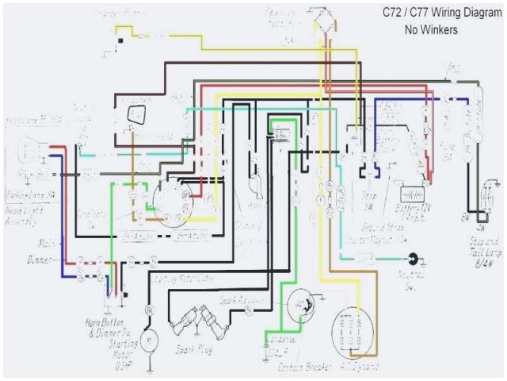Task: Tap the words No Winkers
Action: [x=431, y=31]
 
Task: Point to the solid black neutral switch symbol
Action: [x=413, y=259]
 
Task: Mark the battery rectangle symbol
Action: [x=412, y=194]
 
